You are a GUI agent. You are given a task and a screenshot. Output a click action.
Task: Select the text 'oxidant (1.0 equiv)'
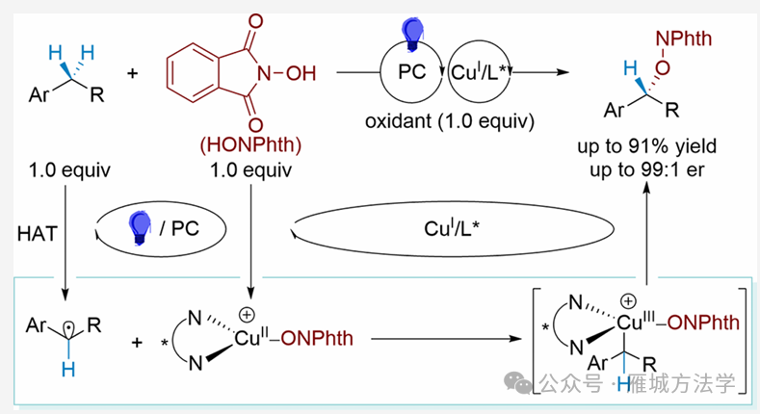(449, 122)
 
